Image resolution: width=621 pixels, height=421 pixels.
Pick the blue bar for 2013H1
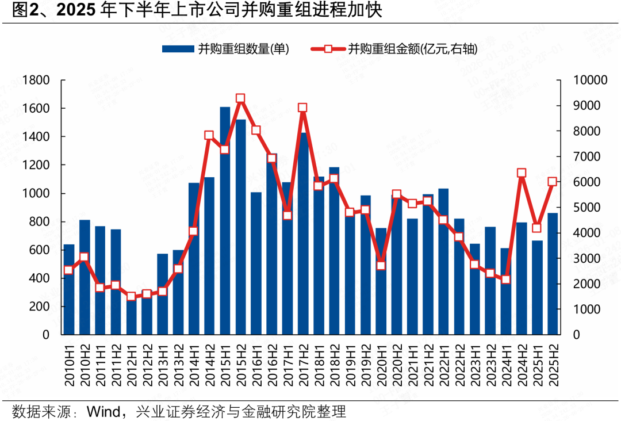tap(163, 294)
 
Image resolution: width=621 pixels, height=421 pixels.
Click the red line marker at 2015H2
tap(240, 98)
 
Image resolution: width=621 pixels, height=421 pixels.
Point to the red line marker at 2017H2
tap(303, 108)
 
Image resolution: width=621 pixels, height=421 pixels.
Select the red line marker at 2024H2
tap(522, 173)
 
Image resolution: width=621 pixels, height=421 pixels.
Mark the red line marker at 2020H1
tap(381, 266)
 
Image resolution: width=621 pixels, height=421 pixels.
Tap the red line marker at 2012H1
tap(131, 296)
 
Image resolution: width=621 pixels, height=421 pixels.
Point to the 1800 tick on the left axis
tap(36, 80)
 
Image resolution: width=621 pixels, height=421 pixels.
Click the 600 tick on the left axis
tap(40, 250)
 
